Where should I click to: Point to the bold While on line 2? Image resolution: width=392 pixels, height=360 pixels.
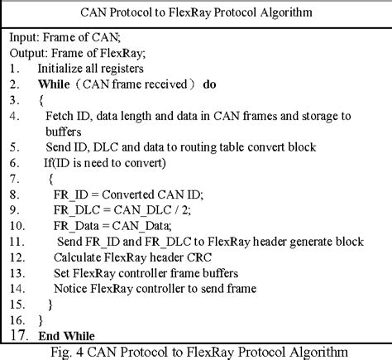click(x=55, y=84)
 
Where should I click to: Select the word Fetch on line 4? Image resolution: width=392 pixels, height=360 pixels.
click(x=60, y=116)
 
